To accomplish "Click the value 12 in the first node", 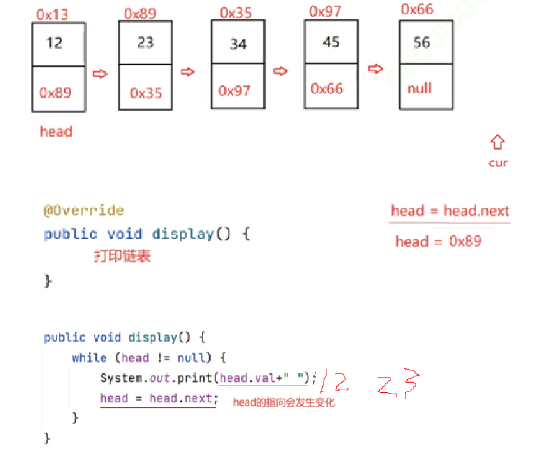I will (x=54, y=43).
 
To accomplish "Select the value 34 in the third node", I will (x=238, y=44).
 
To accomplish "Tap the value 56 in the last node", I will (x=422, y=43).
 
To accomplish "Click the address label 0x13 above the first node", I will (x=52, y=14).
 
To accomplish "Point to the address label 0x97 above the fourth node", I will (x=325, y=12).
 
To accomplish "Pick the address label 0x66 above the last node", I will (x=417, y=9).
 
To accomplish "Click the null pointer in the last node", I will (x=420, y=88).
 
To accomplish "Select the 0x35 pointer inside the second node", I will (x=146, y=93).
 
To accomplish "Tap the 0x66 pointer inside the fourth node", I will (x=327, y=88).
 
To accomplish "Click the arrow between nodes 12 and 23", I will (x=99, y=74).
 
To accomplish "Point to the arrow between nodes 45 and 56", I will (x=375, y=69).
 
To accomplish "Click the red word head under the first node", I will (x=56, y=132).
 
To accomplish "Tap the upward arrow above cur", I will (x=497, y=142).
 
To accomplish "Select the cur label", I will (x=498, y=163).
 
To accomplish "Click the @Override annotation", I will (x=84, y=210).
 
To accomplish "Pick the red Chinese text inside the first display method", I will (x=123, y=256).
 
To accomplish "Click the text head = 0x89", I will (x=438, y=242).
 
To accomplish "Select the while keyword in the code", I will (x=89, y=358).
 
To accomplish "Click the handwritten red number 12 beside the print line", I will (x=335, y=382).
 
